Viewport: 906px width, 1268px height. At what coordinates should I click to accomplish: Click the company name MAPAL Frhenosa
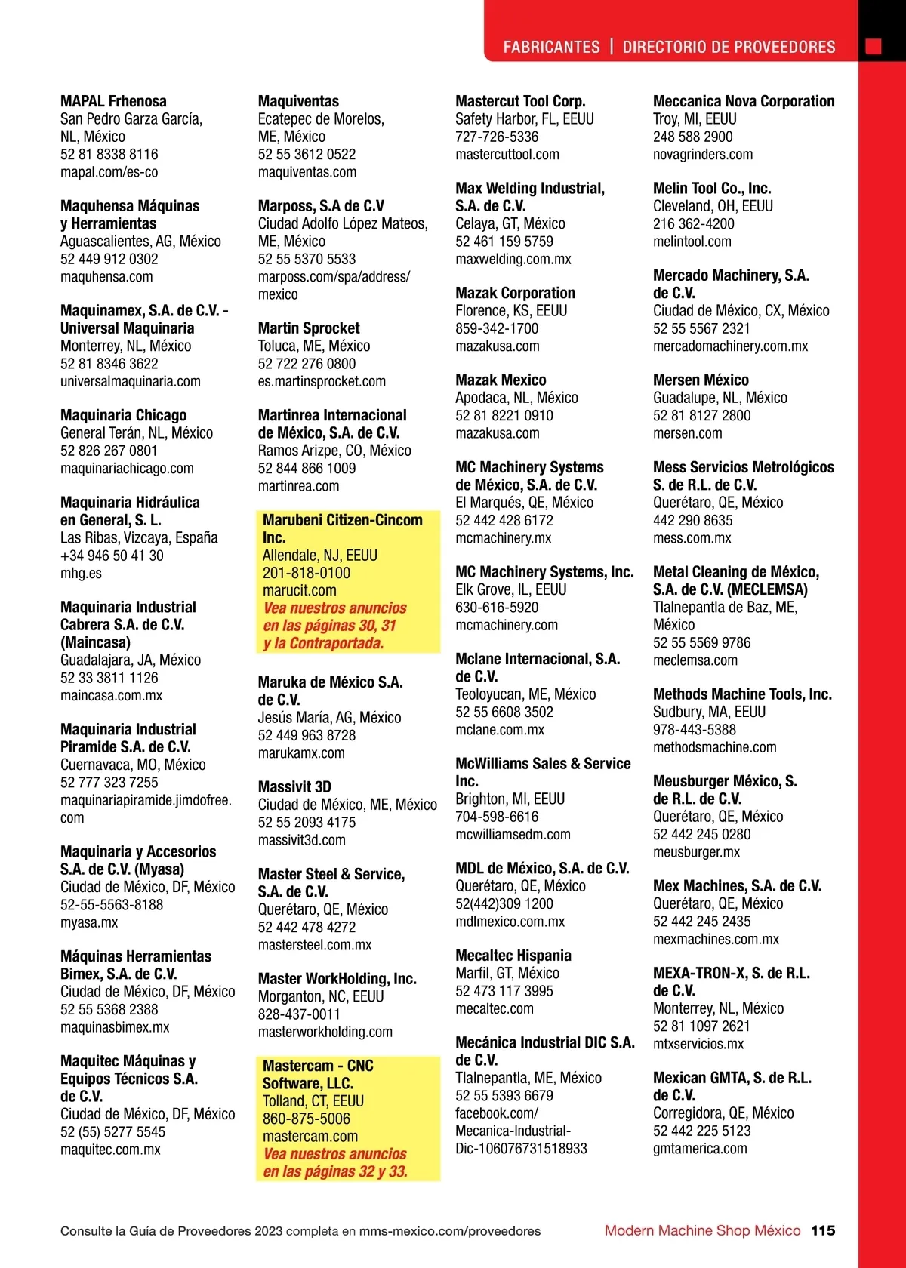(x=113, y=101)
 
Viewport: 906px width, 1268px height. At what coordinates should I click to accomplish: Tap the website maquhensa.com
(x=106, y=277)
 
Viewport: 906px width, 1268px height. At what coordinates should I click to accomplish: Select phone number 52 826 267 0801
(x=109, y=451)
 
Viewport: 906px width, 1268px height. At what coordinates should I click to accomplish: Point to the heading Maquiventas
(x=298, y=101)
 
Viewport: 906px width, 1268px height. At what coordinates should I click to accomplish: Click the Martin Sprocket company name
(x=309, y=328)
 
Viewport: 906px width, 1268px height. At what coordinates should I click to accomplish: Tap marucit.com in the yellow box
(x=300, y=591)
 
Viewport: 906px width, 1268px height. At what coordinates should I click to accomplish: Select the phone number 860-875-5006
(x=307, y=1119)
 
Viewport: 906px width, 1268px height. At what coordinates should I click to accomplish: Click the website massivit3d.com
(x=301, y=840)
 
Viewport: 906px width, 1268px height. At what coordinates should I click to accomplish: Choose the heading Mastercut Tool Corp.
(x=520, y=101)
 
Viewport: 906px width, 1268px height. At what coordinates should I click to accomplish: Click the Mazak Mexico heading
(x=501, y=380)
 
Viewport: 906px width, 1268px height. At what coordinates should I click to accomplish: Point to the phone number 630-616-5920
(x=497, y=608)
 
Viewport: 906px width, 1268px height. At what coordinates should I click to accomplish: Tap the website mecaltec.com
(x=494, y=1009)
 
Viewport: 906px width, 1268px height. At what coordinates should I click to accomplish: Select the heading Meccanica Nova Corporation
(x=744, y=101)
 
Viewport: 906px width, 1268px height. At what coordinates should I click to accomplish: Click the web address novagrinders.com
(x=703, y=155)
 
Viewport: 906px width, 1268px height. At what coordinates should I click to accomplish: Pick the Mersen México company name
(x=701, y=380)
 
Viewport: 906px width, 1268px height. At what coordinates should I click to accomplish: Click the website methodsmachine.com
(x=714, y=748)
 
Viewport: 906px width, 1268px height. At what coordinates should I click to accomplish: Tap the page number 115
(x=823, y=1230)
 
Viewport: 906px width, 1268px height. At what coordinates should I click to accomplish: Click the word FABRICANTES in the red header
(x=551, y=47)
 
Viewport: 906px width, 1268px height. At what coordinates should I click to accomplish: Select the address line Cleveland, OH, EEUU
(x=713, y=206)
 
